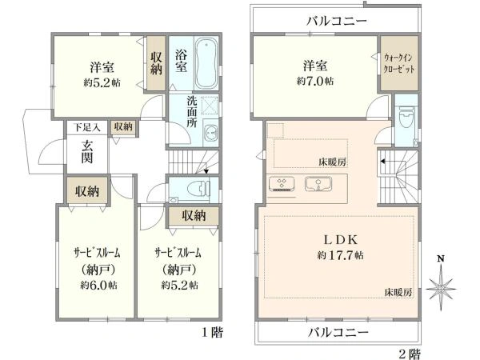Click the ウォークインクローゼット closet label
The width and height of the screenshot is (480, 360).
397,62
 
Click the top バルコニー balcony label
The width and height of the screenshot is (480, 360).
336,20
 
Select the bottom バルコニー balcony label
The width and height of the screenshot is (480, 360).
336,330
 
